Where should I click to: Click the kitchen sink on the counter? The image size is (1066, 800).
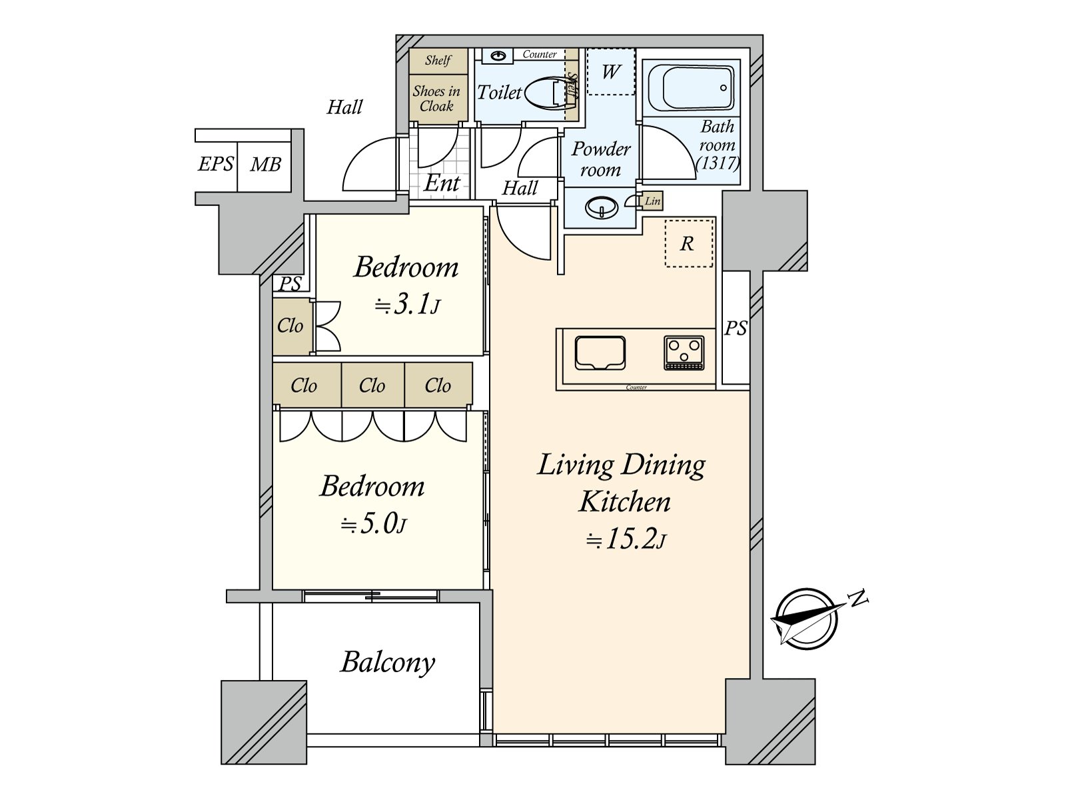point(600,352)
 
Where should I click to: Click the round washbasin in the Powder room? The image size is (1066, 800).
point(601,209)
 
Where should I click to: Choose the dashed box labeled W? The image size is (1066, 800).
point(611,71)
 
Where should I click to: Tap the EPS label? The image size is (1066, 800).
point(216,164)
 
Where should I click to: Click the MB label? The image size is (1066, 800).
point(265,164)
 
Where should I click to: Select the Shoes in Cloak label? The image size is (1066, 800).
point(437,99)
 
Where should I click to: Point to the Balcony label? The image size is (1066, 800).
point(388,663)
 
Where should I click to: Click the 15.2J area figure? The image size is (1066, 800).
point(626,539)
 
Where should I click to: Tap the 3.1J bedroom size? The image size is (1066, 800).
point(407,305)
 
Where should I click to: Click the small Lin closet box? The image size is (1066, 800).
point(652,201)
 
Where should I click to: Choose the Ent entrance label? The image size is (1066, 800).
point(442,183)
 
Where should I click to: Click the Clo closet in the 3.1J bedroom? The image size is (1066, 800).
point(291,326)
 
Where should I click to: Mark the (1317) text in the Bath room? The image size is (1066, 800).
point(718,162)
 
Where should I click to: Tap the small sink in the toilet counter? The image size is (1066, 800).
point(498,56)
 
